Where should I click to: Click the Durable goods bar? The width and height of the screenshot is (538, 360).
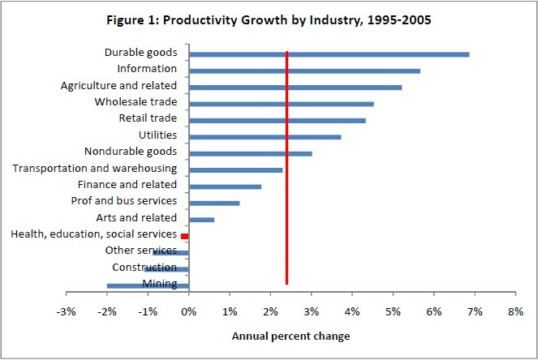[x=329, y=54]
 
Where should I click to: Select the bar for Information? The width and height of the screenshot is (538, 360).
[x=304, y=71]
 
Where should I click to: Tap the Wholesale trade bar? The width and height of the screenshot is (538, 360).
[x=282, y=104]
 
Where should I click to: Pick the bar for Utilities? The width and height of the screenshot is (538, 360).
[x=265, y=137]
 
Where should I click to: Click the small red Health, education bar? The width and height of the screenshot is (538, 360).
[x=184, y=236]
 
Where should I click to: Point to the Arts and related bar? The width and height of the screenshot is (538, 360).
[x=202, y=220]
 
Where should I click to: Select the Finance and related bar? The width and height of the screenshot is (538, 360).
[x=225, y=186]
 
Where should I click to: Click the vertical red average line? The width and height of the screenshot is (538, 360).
[x=286, y=168]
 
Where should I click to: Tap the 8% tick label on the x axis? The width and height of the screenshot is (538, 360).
[x=516, y=311]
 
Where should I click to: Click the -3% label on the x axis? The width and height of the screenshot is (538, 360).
[x=66, y=311]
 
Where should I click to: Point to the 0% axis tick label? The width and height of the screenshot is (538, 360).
[x=189, y=311]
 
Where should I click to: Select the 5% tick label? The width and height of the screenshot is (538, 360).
[x=394, y=311]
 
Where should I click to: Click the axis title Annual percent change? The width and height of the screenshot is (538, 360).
[x=291, y=336]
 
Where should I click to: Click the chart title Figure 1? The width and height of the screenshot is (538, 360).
[x=269, y=20]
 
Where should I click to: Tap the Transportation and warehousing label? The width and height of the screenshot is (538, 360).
[x=95, y=169]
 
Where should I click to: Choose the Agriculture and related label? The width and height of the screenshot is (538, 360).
[x=118, y=85]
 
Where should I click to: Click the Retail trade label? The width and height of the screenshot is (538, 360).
[x=148, y=118]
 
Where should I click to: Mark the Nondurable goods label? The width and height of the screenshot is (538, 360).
[x=131, y=152]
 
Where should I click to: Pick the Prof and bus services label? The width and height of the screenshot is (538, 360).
[x=124, y=201]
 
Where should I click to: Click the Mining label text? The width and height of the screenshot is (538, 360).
[x=160, y=284]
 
